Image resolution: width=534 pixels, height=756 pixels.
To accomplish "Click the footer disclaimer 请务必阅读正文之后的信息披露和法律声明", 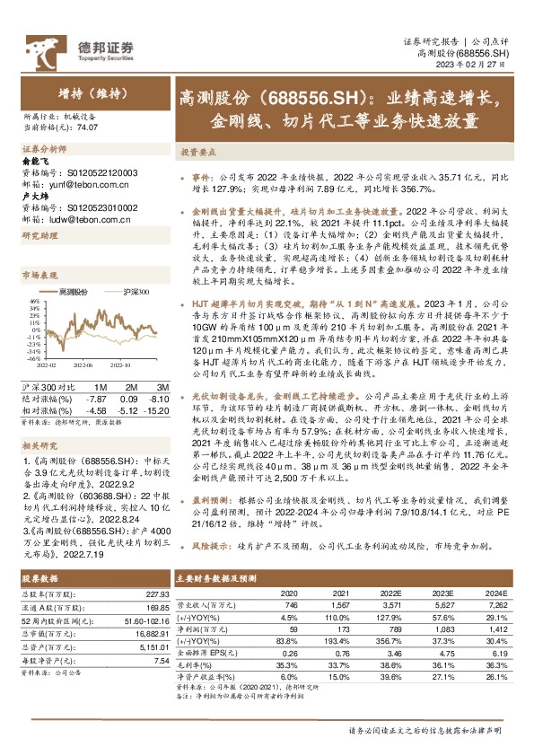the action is [427, 732].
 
